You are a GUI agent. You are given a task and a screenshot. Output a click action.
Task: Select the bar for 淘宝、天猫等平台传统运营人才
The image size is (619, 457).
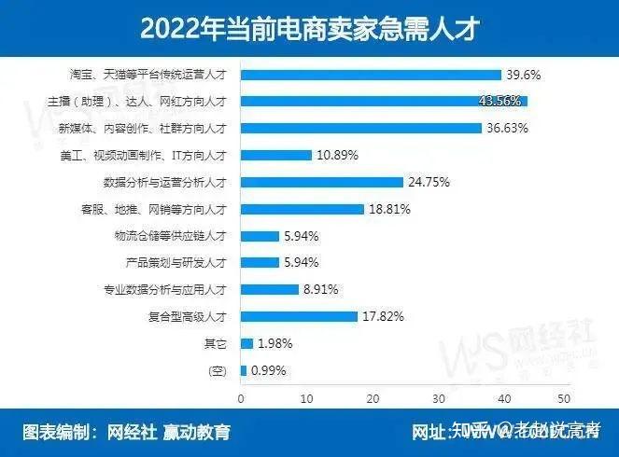tap(371, 75)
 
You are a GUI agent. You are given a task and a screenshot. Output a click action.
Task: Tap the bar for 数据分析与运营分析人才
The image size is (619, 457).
tap(322, 183)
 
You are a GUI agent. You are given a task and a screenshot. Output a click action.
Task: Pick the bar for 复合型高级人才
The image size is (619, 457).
tap(299, 316)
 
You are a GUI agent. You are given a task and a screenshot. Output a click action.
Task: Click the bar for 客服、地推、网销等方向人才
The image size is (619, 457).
tap(302, 210)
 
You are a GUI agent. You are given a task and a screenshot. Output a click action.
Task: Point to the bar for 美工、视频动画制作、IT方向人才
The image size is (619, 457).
tap(276, 156)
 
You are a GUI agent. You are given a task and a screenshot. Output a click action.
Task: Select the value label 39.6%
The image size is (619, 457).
tap(524, 75)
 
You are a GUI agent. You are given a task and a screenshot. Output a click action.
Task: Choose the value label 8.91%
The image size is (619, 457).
tap(319, 290)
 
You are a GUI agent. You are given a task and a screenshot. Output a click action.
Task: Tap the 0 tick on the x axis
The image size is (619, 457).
tap(241, 398)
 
